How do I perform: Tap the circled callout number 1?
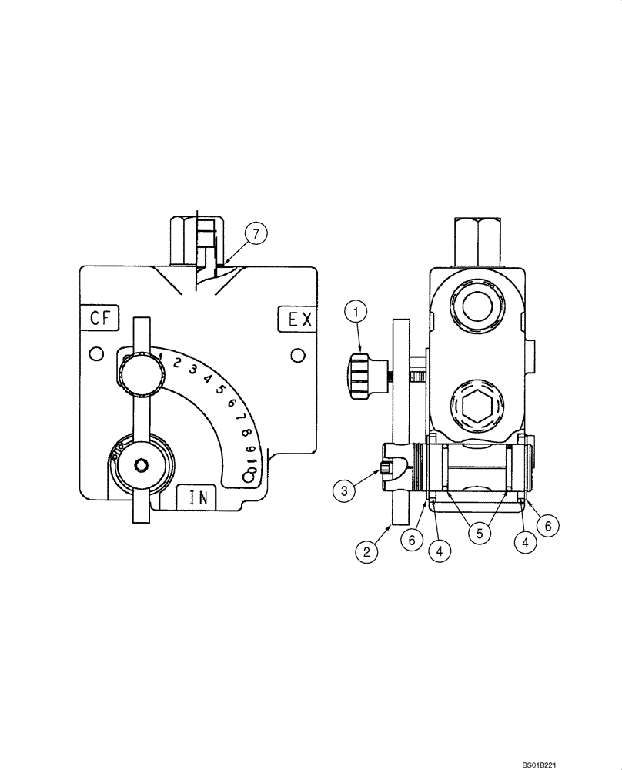(356, 313)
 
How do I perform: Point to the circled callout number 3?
(344, 490)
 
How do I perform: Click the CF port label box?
(101, 318)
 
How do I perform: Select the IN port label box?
(197, 497)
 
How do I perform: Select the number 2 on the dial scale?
(177, 363)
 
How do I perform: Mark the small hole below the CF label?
(95, 353)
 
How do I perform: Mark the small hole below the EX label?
(296, 353)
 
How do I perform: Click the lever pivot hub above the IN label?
(141, 465)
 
